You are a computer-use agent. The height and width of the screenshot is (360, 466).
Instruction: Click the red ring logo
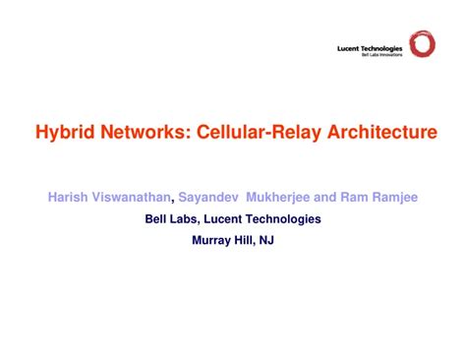(x=423, y=44)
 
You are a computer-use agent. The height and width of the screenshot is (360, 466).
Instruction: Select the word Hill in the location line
(x=246, y=240)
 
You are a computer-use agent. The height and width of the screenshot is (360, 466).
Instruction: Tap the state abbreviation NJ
(x=267, y=240)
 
